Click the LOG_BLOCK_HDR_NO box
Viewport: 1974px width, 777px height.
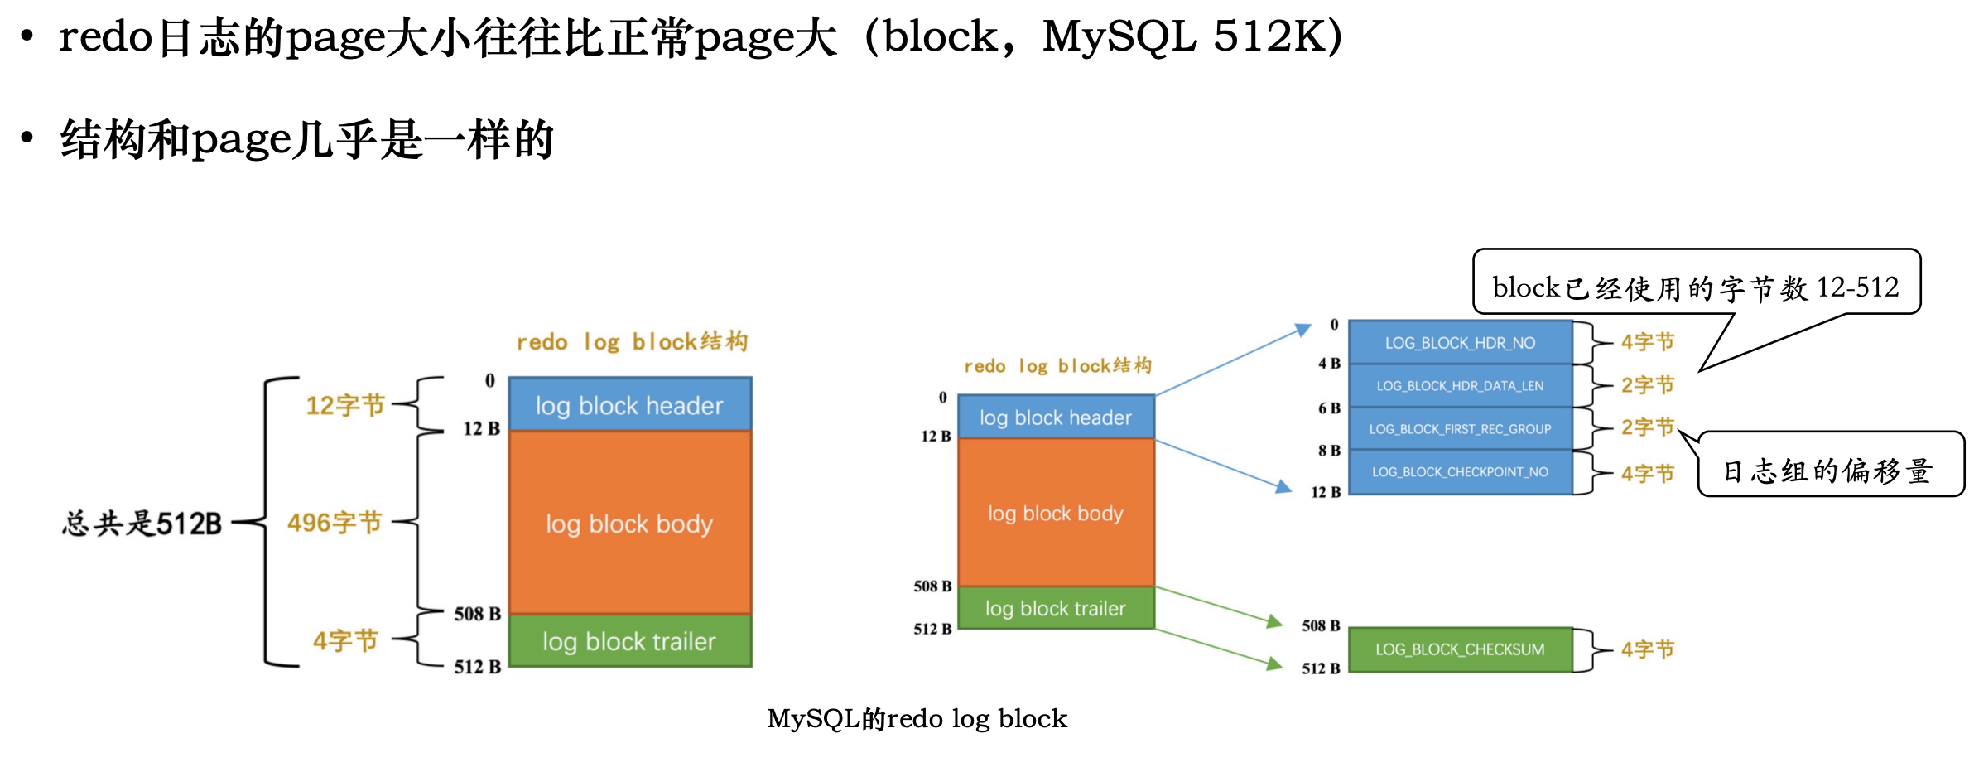[1460, 343]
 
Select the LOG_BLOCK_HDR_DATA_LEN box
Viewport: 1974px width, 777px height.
[1460, 386]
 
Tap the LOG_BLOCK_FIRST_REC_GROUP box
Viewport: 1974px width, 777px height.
[1460, 429]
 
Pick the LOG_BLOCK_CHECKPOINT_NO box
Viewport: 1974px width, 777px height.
[1460, 472]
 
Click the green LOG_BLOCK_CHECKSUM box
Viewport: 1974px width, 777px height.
[1460, 649]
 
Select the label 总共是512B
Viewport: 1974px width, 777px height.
[142, 524]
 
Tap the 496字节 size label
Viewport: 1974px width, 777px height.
[335, 523]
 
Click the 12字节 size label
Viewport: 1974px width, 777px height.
[345, 405]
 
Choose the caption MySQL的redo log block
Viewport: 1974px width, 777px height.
[917, 718]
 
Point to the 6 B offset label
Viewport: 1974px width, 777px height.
[1329, 408]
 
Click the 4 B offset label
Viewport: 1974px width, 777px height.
[1329, 364]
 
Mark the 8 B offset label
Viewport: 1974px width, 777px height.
[1329, 451]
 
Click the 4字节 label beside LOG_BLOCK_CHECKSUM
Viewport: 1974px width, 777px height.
[1648, 649]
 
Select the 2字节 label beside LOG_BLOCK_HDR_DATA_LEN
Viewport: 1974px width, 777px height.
[1648, 385]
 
